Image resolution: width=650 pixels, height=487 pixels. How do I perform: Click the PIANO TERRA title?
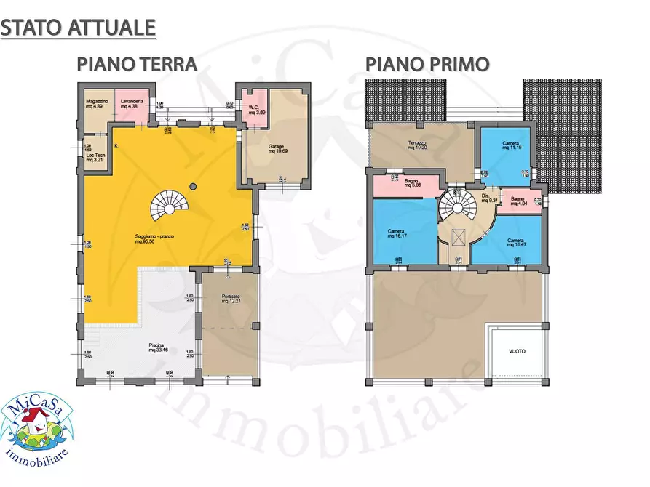138,64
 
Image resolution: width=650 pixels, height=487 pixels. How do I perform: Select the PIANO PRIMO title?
427,64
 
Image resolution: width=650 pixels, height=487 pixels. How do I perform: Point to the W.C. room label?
256,109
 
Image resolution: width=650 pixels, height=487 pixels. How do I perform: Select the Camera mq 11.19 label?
510,147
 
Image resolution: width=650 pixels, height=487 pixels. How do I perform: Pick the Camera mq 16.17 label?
397,234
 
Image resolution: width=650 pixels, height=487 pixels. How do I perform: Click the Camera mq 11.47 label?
516,243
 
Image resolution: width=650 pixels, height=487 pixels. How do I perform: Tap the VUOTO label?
516,352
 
